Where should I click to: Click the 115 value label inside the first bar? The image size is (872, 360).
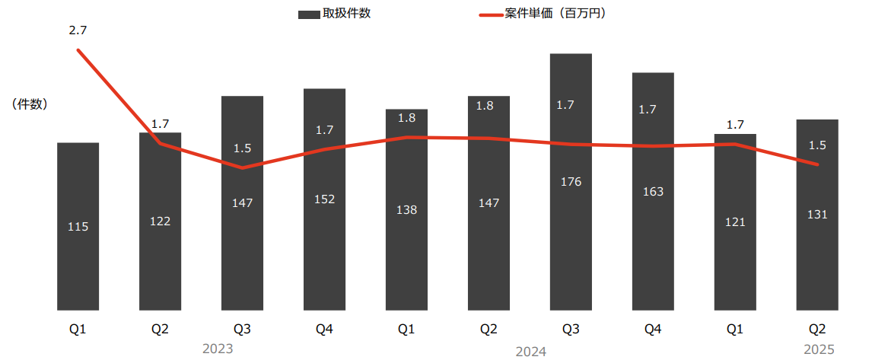78,226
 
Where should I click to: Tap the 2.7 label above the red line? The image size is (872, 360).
78,31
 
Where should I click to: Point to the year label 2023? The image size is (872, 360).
218,349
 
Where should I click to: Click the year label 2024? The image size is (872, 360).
530,352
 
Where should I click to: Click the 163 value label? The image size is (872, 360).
653,191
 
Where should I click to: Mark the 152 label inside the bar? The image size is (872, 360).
324,199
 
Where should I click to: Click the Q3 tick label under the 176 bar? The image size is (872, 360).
571,329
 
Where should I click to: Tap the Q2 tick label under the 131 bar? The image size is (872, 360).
817,329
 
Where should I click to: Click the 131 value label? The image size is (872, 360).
817,215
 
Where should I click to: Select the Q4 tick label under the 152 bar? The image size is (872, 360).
324,329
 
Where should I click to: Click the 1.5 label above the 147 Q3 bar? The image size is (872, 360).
242,148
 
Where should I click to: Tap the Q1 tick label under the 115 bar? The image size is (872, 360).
78,329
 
